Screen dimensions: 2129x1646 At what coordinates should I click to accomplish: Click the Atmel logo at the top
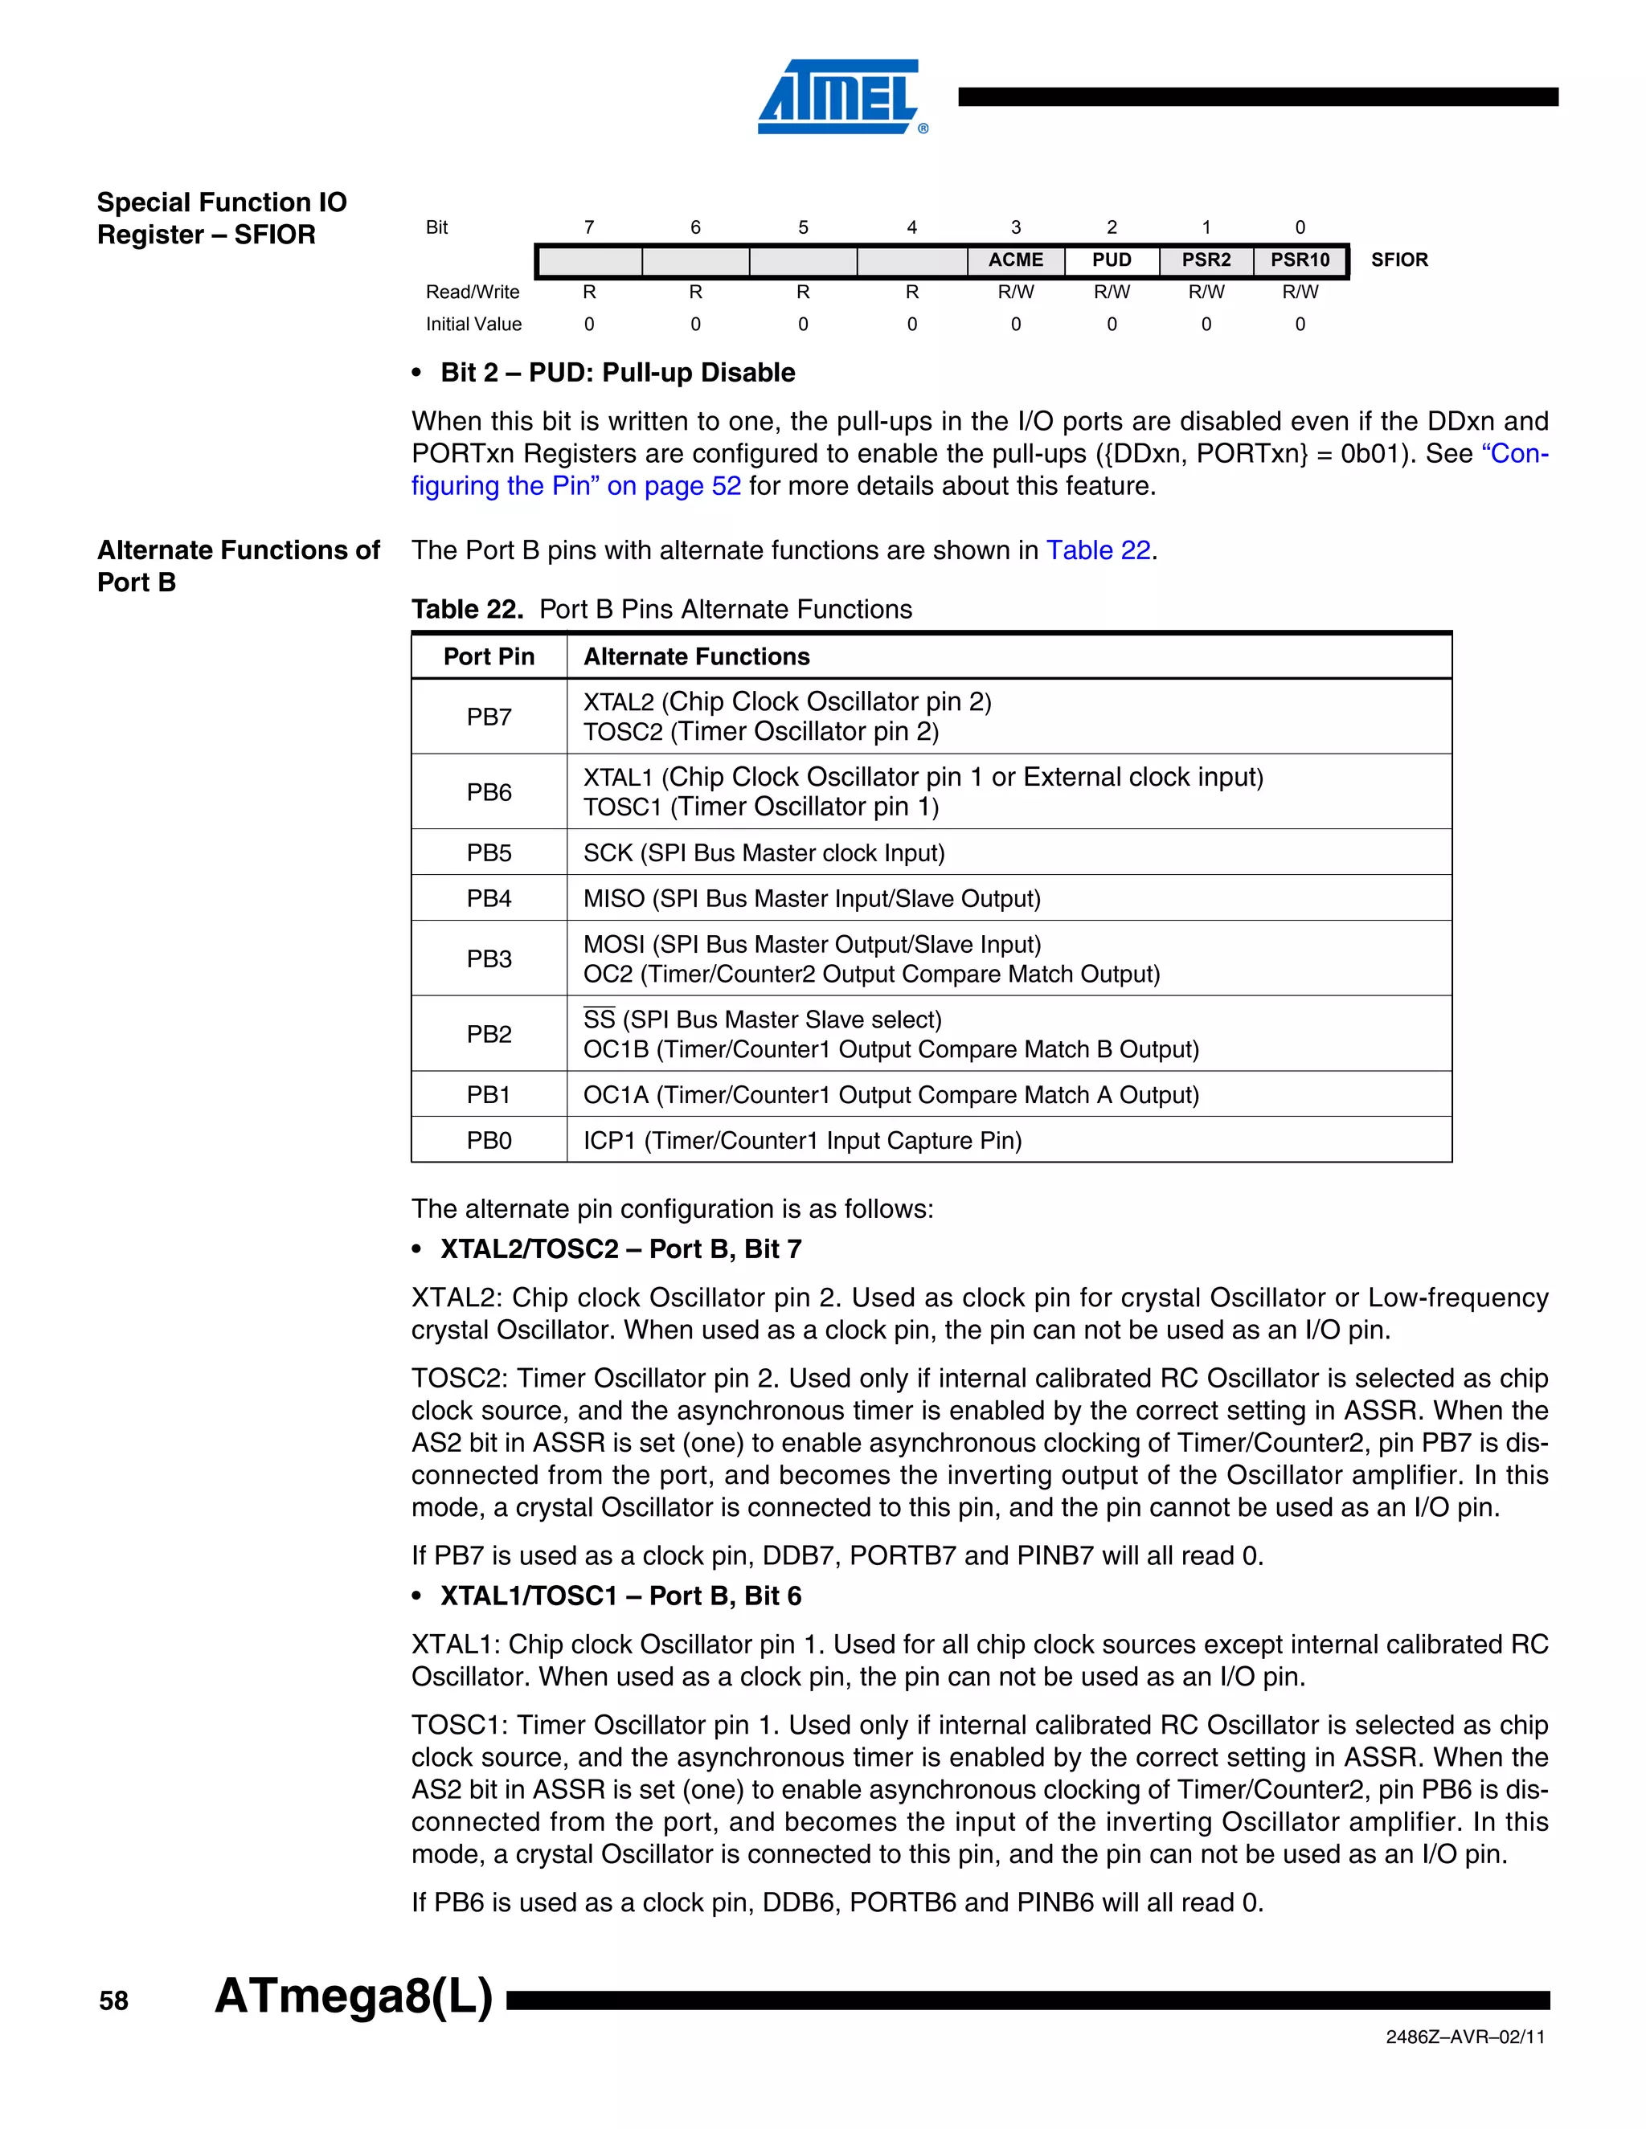click(x=841, y=96)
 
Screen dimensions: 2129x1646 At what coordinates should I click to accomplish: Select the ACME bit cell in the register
click(x=1015, y=260)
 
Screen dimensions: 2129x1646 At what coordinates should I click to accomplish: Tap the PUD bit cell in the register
click(x=1112, y=260)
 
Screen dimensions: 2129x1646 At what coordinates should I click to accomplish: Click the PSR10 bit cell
click(x=1300, y=260)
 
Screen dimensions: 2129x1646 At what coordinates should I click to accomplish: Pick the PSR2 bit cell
click(x=1206, y=260)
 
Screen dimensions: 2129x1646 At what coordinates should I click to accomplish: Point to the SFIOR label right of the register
click(x=1398, y=260)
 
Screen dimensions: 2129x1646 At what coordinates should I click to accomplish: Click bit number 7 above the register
click(x=589, y=227)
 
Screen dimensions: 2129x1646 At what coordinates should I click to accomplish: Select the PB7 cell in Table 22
click(x=489, y=717)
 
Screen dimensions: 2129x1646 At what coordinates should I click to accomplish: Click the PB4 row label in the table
click(x=489, y=899)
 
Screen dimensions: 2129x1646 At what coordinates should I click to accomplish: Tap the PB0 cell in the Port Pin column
click(x=489, y=1141)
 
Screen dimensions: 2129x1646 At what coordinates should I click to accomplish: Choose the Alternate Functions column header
click(x=696, y=657)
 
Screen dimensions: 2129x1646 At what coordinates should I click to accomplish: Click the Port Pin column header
click(x=489, y=657)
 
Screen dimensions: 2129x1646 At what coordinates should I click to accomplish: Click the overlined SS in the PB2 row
click(x=599, y=1020)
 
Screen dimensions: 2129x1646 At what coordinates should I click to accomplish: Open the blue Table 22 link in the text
click(x=1098, y=551)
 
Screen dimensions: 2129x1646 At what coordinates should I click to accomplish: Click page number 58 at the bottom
click(x=113, y=2001)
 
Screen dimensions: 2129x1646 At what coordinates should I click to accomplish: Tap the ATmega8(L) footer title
click(x=354, y=1996)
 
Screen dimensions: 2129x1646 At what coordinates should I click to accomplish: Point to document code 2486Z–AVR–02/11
click(x=1464, y=2037)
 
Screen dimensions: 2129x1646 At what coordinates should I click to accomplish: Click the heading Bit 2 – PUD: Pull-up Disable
click(x=617, y=373)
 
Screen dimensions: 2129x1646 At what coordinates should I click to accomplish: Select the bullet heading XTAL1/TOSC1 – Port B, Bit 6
click(x=620, y=1596)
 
